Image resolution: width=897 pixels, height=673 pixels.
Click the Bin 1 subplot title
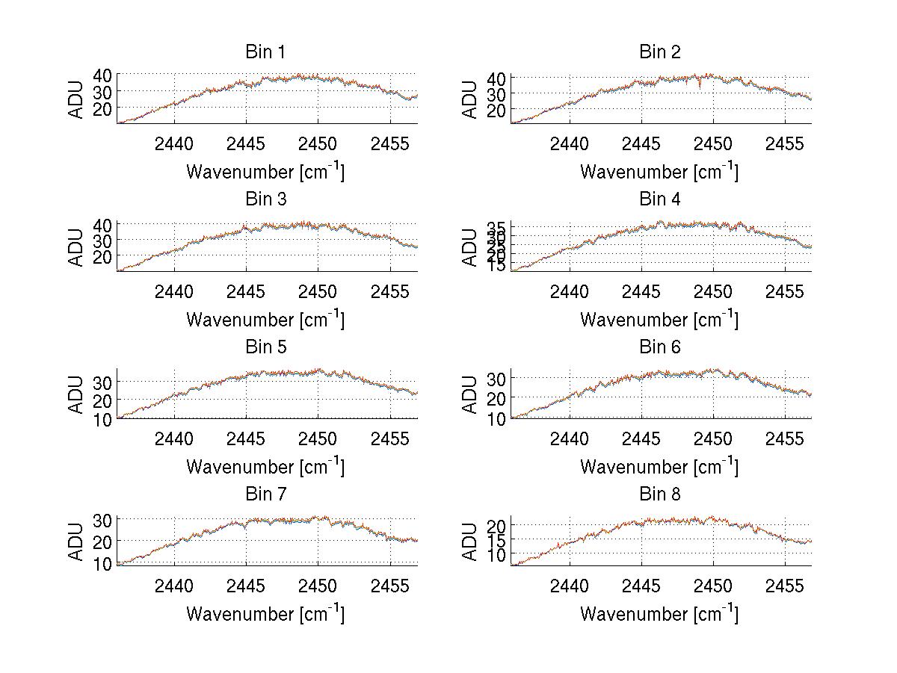(265, 52)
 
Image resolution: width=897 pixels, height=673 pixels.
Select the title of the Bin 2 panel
(659, 52)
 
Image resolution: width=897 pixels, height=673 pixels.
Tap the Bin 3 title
(265, 199)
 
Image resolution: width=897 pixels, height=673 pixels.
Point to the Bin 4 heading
(659, 199)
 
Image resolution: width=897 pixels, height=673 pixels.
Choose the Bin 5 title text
(265, 347)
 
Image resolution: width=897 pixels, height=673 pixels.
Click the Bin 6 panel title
(659, 347)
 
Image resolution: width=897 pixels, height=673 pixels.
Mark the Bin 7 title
(265, 494)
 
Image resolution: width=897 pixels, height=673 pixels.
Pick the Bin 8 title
(659, 494)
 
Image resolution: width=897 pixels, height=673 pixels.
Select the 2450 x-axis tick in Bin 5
(318, 438)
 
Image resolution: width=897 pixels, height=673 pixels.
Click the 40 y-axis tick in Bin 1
(102, 75)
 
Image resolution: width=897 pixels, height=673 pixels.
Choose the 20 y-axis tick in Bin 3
(102, 256)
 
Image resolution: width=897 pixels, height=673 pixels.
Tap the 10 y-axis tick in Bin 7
(102, 563)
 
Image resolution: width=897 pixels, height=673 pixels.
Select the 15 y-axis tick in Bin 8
(496, 540)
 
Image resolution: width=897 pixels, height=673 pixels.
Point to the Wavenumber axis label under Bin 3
(265, 319)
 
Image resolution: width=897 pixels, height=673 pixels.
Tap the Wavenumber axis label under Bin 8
(659, 613)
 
